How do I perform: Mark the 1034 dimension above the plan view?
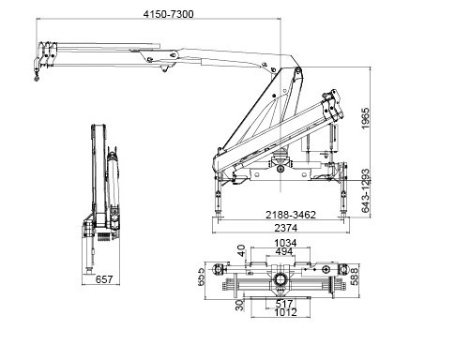(x=282, y=245)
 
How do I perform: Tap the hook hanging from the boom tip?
(x=38, y=78)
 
